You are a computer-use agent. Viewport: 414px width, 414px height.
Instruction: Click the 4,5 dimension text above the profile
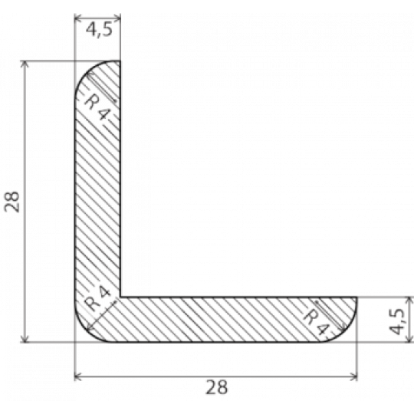[99, 29]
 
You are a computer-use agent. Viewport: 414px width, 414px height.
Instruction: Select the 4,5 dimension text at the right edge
[396, 321]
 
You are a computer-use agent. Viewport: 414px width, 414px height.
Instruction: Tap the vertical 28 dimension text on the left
[11, 202]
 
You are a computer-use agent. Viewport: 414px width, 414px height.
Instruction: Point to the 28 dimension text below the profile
[216, 387]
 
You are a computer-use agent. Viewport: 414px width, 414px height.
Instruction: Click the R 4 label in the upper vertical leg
[97, 107]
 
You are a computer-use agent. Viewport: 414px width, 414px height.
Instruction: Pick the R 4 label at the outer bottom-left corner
[97, 299]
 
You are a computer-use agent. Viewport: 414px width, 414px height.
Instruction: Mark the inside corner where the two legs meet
[120, 297]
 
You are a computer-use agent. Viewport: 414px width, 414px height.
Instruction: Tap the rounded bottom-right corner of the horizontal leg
[348, 333]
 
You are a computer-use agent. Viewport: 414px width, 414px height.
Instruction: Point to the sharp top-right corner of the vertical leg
[120, 61]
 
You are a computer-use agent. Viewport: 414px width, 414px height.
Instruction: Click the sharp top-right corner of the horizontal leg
[357, 297]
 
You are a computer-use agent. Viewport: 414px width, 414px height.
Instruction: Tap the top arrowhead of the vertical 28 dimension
[25, 64]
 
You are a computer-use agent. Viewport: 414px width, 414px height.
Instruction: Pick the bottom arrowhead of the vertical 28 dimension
[25, 340]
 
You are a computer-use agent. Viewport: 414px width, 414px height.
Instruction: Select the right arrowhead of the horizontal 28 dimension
[354, 376]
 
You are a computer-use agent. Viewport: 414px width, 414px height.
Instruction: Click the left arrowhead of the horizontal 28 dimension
[77, 376]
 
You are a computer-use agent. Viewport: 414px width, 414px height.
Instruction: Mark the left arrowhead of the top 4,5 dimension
[77, 18]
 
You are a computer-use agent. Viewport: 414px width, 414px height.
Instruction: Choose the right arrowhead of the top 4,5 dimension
[118, 18]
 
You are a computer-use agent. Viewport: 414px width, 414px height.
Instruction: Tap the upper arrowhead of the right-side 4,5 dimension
[409, 300]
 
